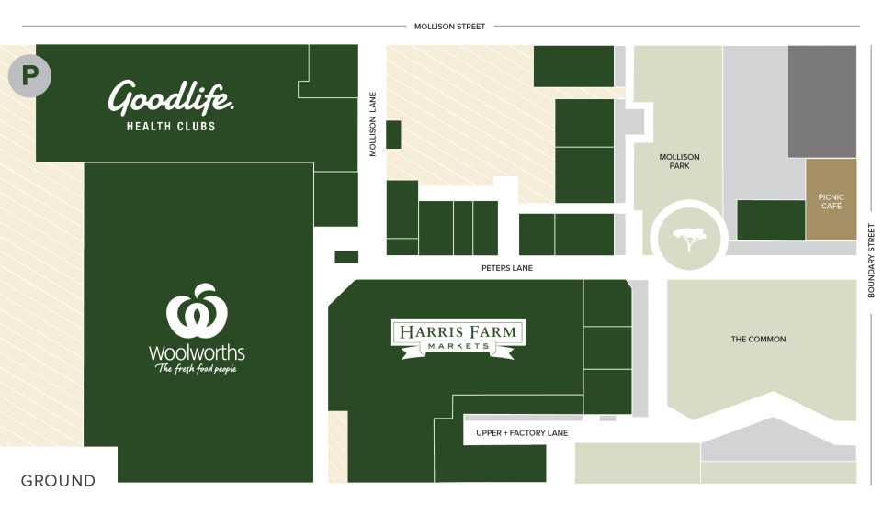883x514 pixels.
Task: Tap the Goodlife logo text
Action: click(171, 97)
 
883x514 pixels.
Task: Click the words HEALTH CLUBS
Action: click(171, 126)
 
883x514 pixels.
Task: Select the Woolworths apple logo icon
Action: click(197, 312)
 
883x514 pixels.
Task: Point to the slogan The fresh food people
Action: click(197, 369)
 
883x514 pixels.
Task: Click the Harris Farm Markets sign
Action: click(458, 338)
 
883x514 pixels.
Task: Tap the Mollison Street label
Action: click(449, 27)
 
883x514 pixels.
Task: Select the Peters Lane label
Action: click(506, 268)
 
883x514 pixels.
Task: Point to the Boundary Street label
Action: click(871, 261)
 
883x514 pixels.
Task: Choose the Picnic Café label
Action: click(831, 202)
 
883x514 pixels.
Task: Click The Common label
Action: click(758, 340)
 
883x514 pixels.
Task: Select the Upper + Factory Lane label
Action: click(522, 432)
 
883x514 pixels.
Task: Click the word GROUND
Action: click(58, 480)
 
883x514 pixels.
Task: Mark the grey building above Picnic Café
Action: click(821, 101)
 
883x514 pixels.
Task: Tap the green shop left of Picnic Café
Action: click(771, 220)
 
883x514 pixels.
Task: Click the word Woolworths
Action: click(197, 352)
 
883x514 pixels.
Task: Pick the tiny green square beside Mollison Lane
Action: click(393, 134)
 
